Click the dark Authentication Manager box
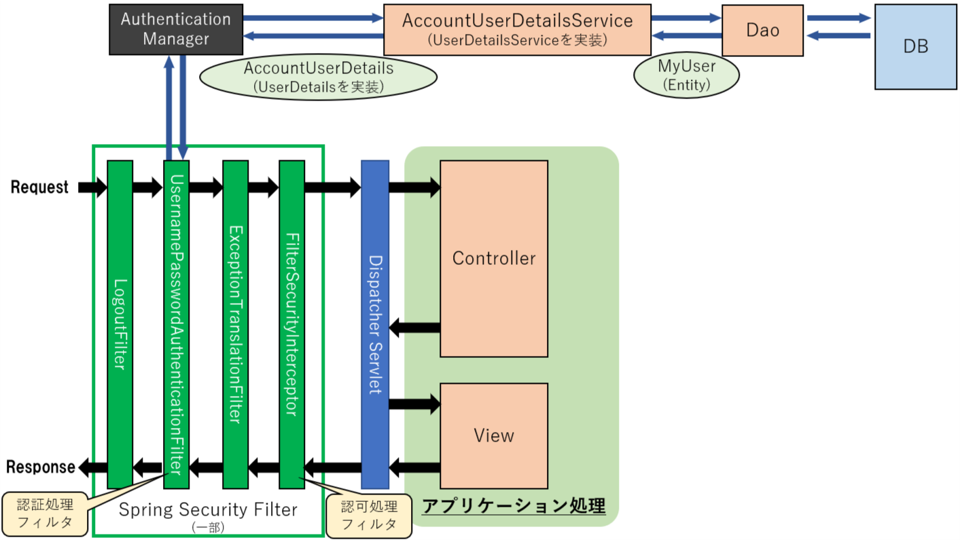[176, 29]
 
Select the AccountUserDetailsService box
[517, 29]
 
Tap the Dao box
[762, 30]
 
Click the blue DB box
[915, 46]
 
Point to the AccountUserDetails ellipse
[318, 77]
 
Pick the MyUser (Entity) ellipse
[686, 75]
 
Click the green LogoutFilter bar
[120, 324]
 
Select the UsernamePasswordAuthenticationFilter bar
[177, 324]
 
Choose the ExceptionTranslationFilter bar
[235, 324]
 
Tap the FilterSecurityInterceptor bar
[292, 324]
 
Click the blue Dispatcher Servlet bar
[375, 324]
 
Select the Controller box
[494, 258]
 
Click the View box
[494, 435]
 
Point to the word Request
[39, 187]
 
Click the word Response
[40, 467]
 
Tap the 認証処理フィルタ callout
[45, 514]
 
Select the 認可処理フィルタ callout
[369, 516]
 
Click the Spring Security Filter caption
[208, 510]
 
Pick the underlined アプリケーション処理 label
[514, 506]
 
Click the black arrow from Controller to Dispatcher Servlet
[414, 328]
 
